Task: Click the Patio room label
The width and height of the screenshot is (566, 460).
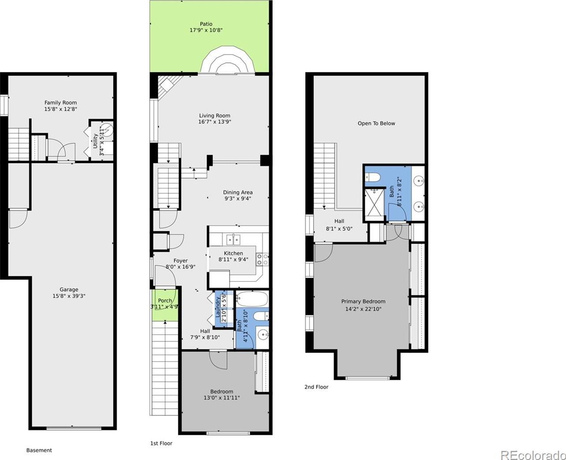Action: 206,24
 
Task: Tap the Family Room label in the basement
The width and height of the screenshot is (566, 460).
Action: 60,102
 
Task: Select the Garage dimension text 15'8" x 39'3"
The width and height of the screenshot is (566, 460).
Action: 69,296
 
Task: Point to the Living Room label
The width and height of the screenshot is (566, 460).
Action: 215,116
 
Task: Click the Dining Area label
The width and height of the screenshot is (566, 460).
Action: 238,192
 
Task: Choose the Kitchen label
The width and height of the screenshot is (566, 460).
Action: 233,253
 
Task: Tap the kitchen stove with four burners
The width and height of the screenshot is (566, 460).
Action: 262,260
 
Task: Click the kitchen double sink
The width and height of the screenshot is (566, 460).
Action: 233,239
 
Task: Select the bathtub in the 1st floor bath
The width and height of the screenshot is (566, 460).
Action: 252,299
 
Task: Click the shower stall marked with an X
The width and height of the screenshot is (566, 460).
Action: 375,202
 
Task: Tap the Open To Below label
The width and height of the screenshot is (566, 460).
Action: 376,123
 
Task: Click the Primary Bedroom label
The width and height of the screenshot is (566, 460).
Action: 363,302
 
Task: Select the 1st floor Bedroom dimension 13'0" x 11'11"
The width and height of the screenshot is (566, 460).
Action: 222,398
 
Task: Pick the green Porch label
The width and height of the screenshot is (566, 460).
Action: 165,301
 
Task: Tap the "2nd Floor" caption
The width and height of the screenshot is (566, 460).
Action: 316,387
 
